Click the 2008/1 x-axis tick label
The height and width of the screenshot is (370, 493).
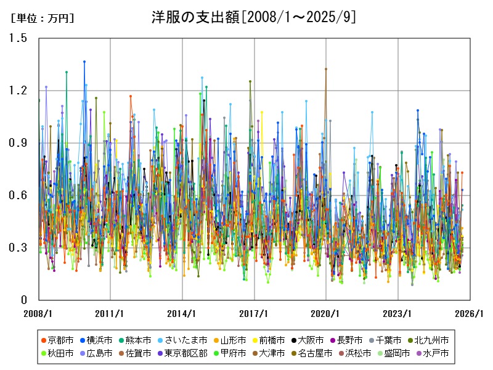click(38, 313)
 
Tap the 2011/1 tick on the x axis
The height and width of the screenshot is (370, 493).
click(110, 313)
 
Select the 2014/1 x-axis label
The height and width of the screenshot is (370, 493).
click(182, 313)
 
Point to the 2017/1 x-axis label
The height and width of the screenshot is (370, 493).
click(255, 313)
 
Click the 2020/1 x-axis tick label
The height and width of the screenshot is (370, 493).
click(327, 313)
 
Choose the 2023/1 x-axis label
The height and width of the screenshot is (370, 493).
click(399, 313)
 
